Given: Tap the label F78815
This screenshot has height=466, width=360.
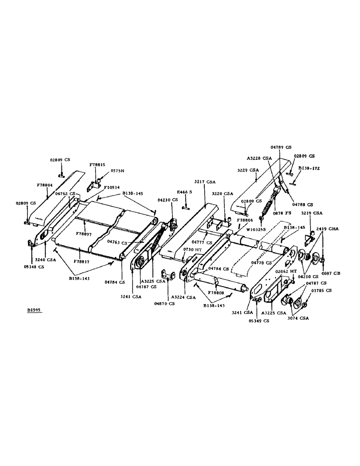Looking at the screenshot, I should tap(97, 165).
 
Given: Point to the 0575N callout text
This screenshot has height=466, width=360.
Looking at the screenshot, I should tap(117, 171).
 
